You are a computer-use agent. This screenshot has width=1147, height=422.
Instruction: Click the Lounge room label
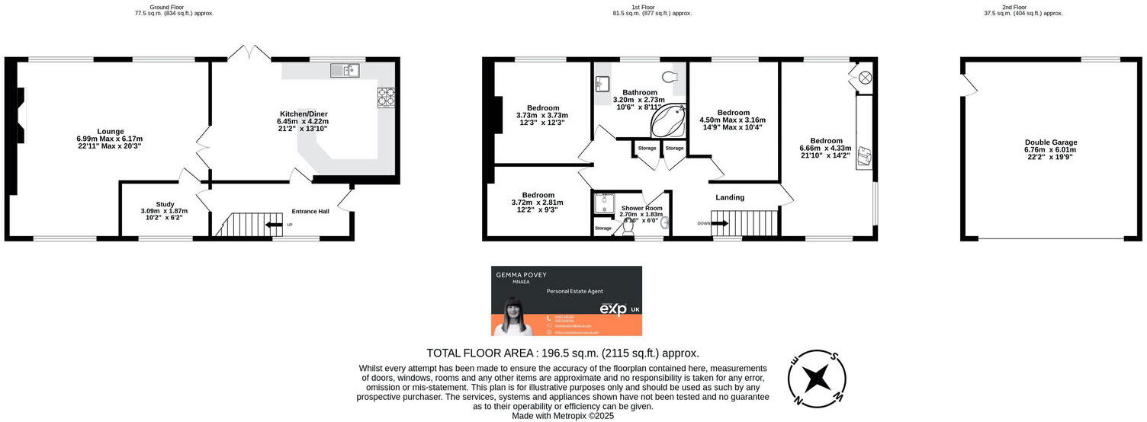click(x=110, y=131)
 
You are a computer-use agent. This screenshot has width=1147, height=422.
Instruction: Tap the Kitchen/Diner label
click(x=304, y=114)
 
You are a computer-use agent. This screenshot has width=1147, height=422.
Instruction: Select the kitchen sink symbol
click(x=345, y=70)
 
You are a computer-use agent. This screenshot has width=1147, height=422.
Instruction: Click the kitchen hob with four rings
click(x=387, y=97)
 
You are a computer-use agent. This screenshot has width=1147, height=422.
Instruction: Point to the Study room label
click(x=165, y=204)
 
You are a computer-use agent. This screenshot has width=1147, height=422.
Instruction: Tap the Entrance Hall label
click(x=310, y=211)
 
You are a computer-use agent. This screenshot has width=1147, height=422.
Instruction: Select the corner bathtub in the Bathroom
click(x=668, y=120)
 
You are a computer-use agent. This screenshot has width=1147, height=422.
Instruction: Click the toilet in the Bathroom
click(x=670, y=77)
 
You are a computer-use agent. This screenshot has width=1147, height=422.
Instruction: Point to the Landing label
click(x=730, y=198)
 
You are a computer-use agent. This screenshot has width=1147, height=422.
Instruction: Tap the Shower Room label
click(x=641, y=208)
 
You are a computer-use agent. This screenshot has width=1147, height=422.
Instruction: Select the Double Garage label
click(x=1051, y=142)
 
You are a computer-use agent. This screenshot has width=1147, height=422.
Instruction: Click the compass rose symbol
click(x=817, y=377)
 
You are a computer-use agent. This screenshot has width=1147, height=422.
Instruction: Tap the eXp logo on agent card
click(x=613, y=309)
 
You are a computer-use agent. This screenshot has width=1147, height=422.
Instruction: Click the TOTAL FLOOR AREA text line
click(x=563, y=353)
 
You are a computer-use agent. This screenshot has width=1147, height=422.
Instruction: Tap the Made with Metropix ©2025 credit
click(x=563, y=416)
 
